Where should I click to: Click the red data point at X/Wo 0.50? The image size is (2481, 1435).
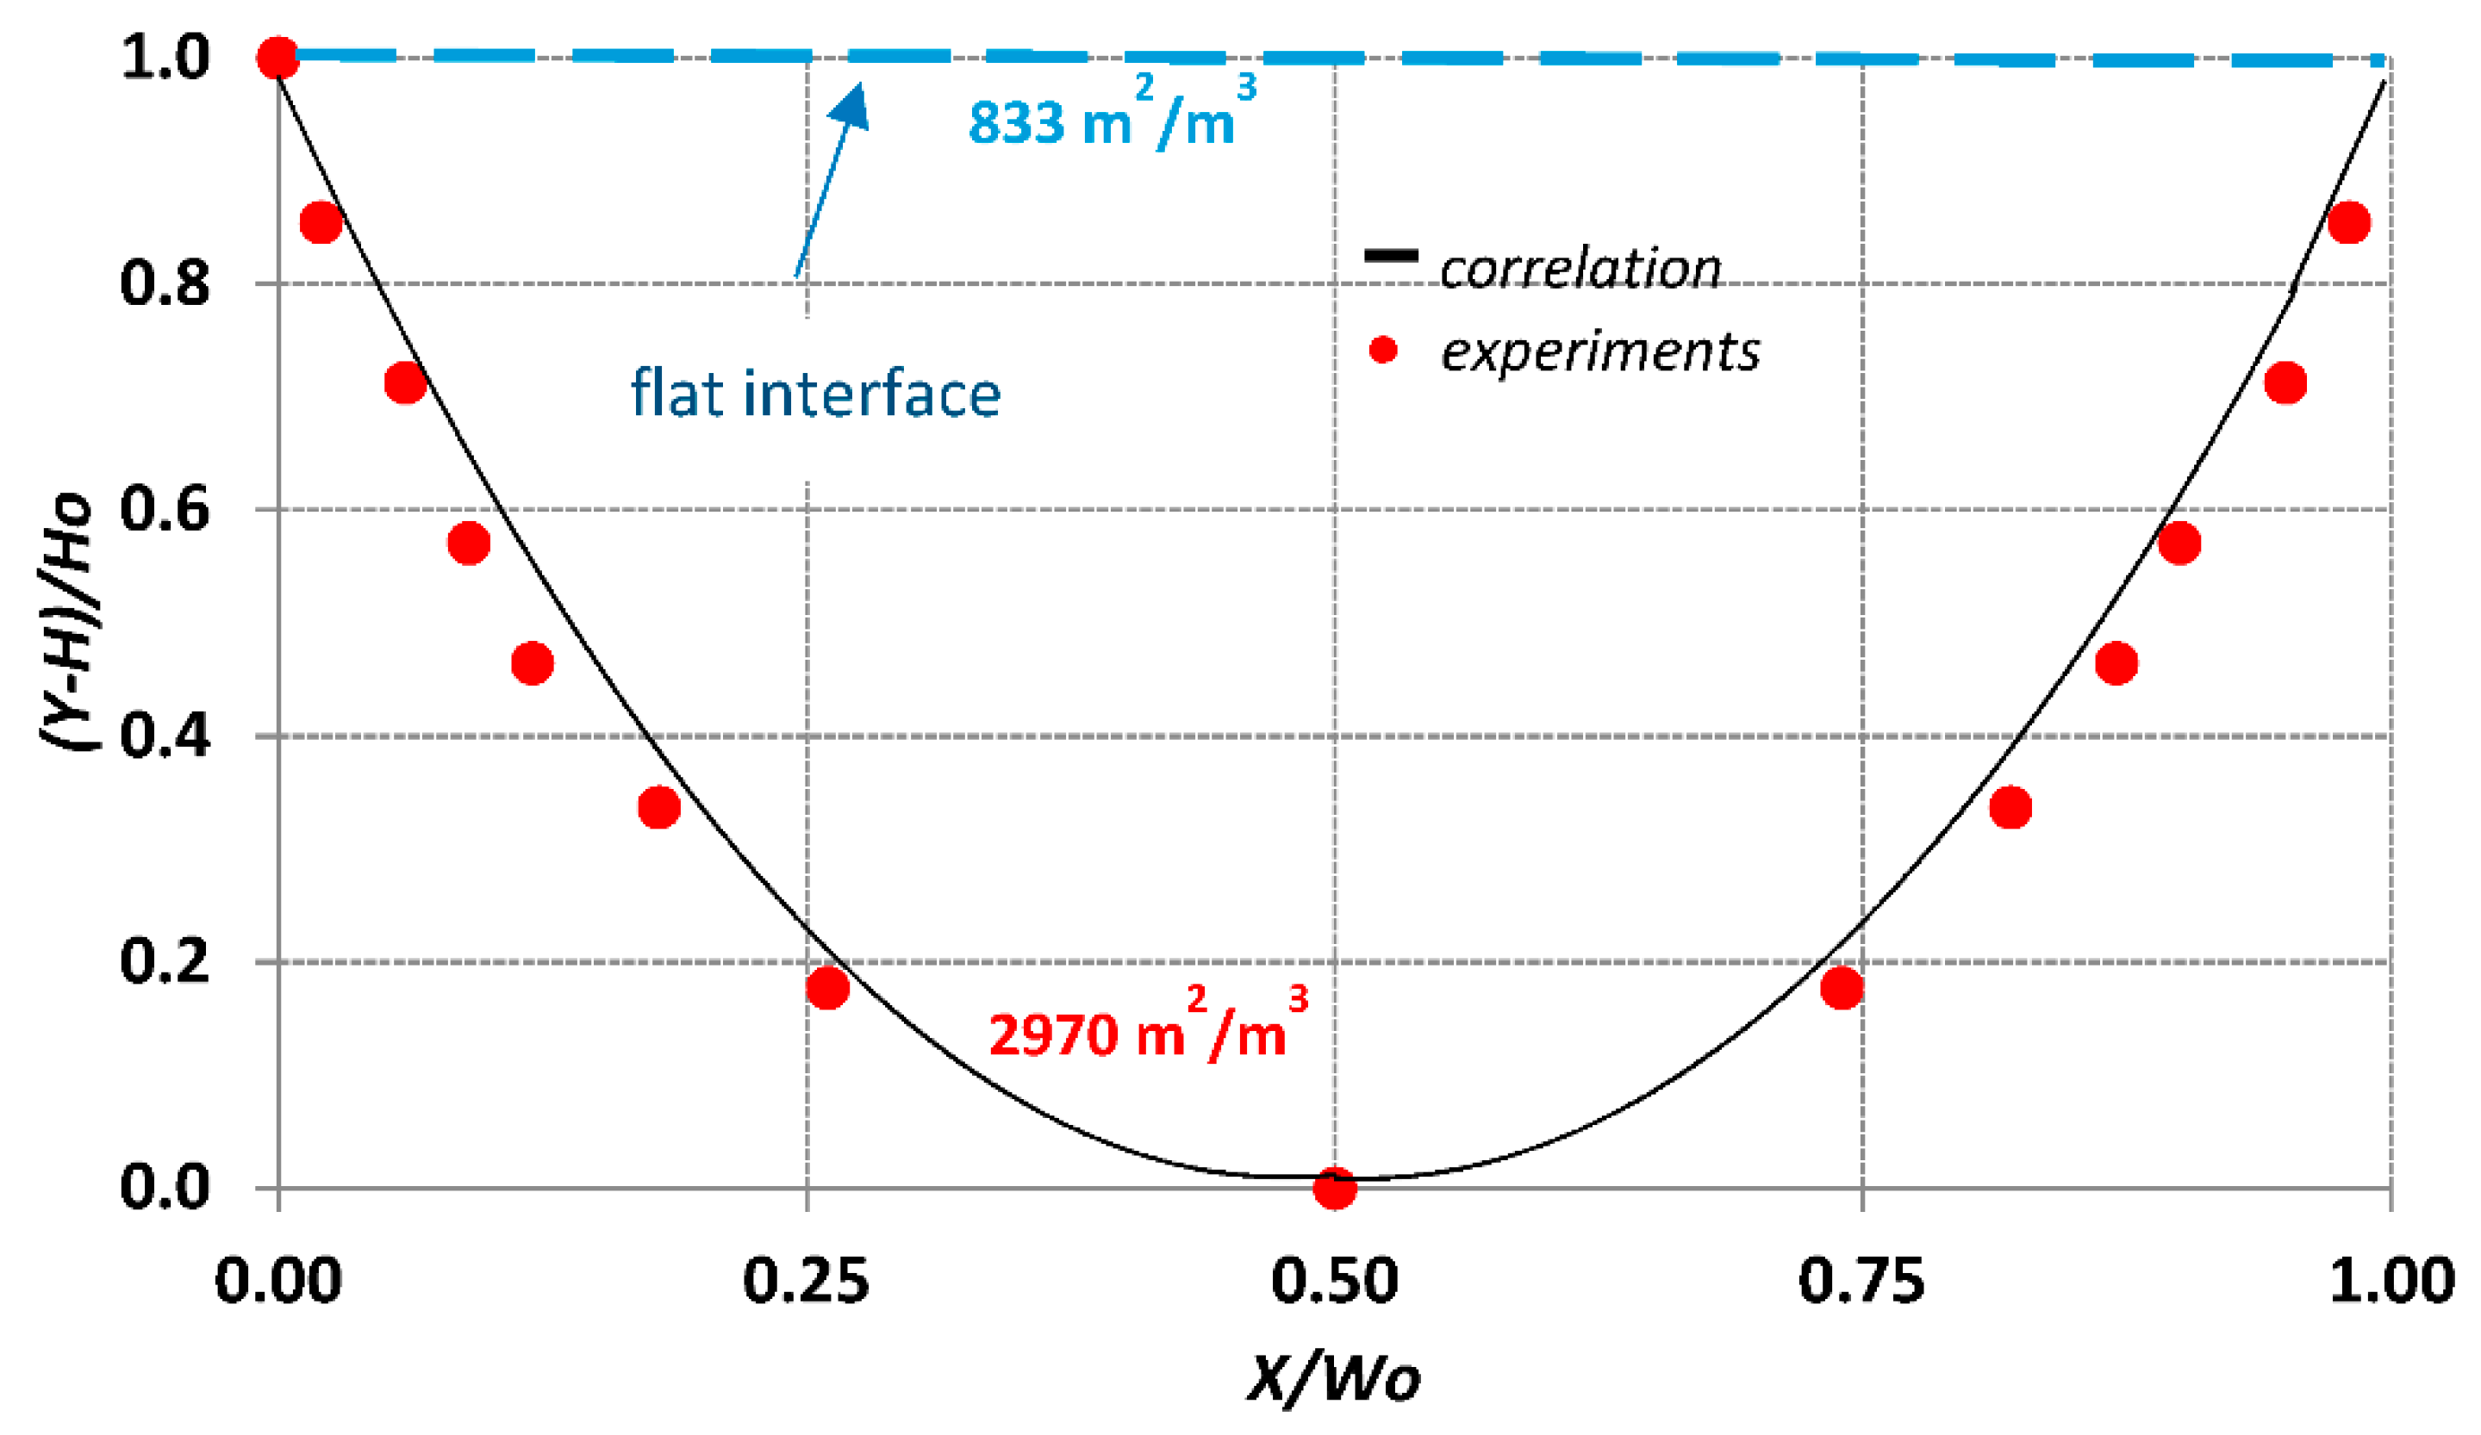point(1334,1188)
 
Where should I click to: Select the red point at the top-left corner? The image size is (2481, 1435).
point(278,58)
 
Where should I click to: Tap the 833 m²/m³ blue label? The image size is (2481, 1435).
point(1111,118)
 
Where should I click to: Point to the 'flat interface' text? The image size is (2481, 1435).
point(815,394)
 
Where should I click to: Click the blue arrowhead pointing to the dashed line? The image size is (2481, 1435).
point(851,106)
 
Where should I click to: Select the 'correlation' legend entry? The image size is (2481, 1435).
point(1580,269)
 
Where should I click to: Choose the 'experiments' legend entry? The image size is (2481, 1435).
point(1599,351)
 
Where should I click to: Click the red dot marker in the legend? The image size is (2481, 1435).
point(1383,350)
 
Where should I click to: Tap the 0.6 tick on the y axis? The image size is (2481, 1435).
point(165,510)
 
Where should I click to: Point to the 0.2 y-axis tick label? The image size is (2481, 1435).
point(165,960)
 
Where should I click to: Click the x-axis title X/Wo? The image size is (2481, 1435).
point(1334,1378)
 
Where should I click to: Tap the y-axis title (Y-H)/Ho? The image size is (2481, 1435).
point(67,622)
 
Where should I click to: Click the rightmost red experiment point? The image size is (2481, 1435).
point(2349,222)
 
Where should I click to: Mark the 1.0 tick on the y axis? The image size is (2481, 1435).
point(165,58)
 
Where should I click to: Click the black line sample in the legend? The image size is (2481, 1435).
point(1390,256)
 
